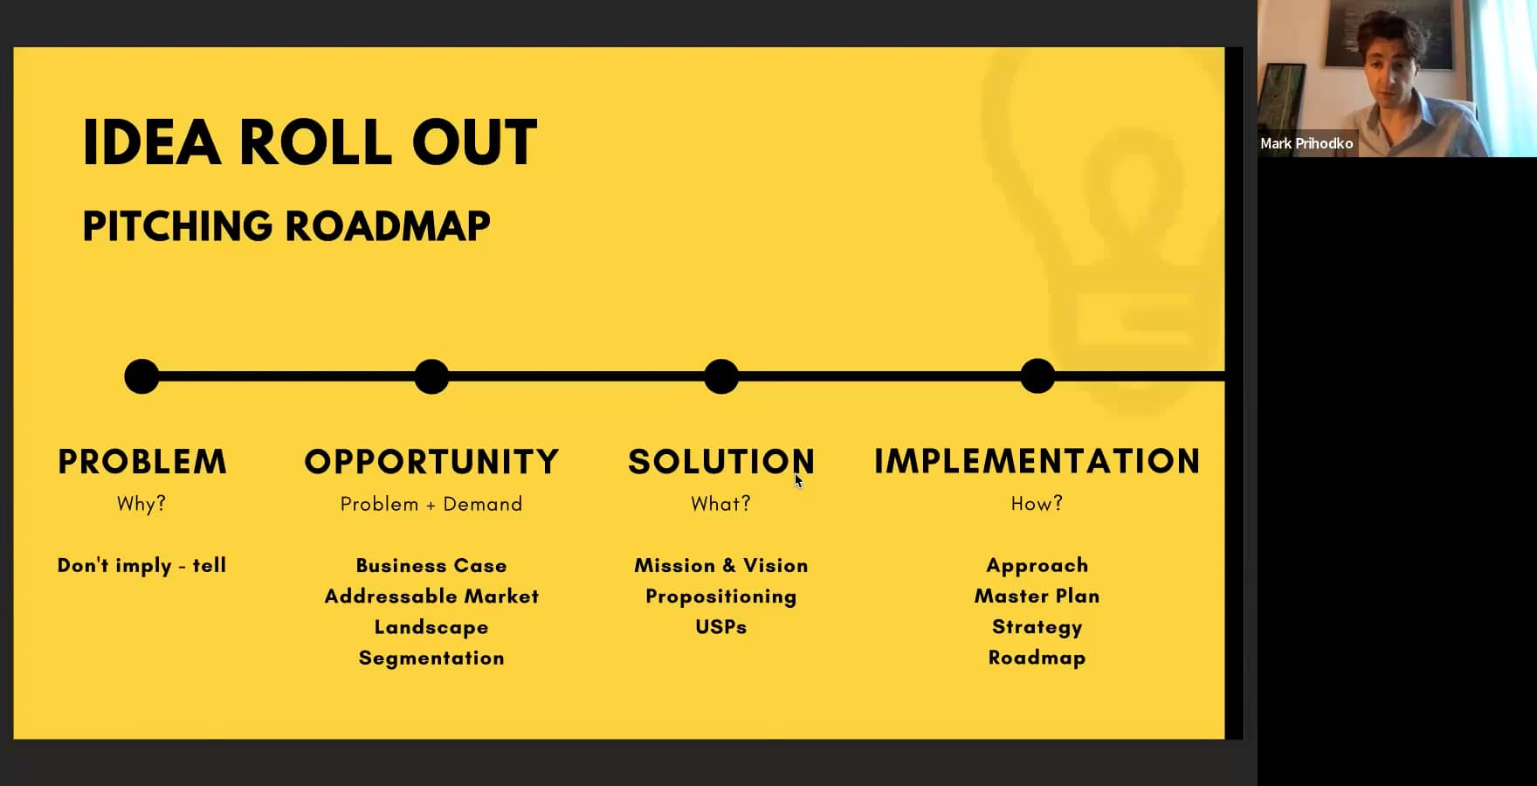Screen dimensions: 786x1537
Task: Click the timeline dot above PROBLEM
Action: pyautogui.click(x=142, y=376)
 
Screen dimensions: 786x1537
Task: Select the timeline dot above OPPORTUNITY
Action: pyautogui.click(x=431, y=376)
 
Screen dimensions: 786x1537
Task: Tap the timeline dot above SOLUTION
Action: pyautogui.click(x=721, y=376)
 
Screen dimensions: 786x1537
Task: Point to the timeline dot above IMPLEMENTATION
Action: pyautogui.click(x=1037, y=376)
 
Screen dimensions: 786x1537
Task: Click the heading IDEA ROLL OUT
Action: pyautogui.click(x=309, y=142)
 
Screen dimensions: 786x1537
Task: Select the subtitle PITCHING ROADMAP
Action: pyautogui.click(x=286, y=226)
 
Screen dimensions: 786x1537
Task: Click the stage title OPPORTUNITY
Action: pyautogui.click(x=431, y=462)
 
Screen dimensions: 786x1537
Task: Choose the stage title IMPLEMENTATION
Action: pyautogui.click(x=1037, y=461)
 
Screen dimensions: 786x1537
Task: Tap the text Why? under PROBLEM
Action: pyautogui.click(x=141, y=504)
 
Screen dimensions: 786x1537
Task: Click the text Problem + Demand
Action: pyautogui.click(x=431, y=504)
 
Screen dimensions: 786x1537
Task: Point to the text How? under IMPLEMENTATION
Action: pyautogui.click(x=1037, y=504)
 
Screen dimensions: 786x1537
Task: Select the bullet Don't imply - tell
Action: pyautogui.click(x=141, y=565)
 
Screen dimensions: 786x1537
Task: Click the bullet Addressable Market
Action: pyautogui.click(x=431, y=596)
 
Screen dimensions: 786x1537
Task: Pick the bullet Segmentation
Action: pyautogui.click(x=431, y=658)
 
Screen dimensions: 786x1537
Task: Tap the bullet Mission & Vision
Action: pyautogui.click(x=721, y=565)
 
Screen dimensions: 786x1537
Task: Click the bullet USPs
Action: pyautogui.click(x=721, y=627)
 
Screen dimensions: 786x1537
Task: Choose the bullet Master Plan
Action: pyautogui.click(x=1037, y=596)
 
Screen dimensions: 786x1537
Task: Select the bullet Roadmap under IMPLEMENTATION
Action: pyautogui.click(x=1037, y=658)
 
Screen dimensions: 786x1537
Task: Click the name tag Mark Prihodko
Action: pyautogui.click(x=1306, y=143)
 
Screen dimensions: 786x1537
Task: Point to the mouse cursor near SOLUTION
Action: pyautogui.click(x=798, y=480)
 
